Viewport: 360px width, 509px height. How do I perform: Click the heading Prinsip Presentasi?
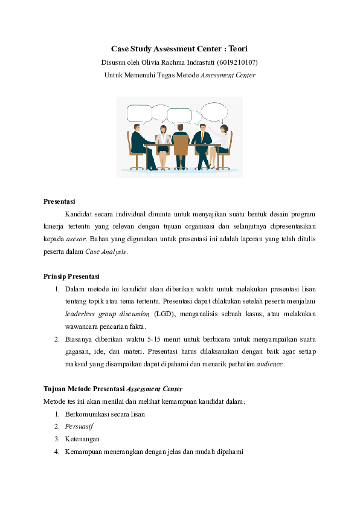(x=71, y=276)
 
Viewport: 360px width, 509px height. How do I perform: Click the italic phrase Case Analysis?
(x=106, y=251)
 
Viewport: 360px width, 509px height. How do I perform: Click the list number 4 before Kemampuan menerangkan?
(x=56, y=452)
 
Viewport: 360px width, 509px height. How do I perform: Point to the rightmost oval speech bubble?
(x=213, y=112)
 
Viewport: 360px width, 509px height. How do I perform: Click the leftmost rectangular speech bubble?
(x=139, y=112)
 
